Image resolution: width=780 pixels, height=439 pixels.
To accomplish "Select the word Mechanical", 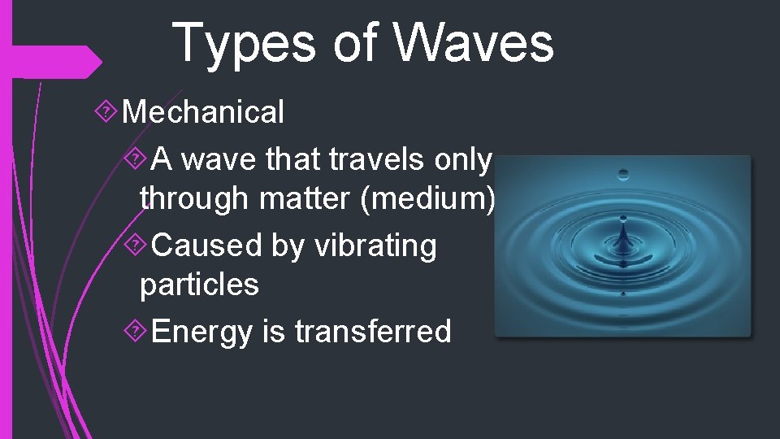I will click(202, 112).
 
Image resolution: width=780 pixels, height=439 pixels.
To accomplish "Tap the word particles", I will click(199, 284).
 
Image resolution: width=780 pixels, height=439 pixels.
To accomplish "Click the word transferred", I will click(373, 332).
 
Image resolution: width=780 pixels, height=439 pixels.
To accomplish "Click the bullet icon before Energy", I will click(138, 332).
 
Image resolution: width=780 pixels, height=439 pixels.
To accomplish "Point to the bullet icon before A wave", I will click(138, 160).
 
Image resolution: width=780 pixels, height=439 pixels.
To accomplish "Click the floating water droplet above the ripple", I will click(623, 174).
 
